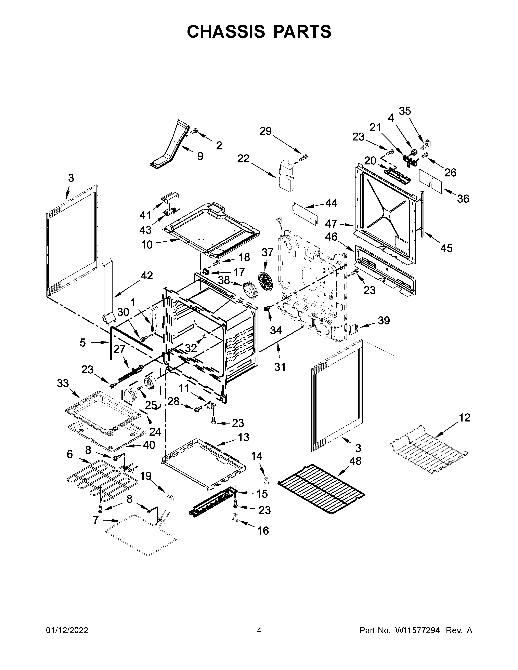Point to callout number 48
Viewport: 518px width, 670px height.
pyautogui.click(x=355, y=461)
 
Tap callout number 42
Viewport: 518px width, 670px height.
pyautogui.click(x=147, y=276)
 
